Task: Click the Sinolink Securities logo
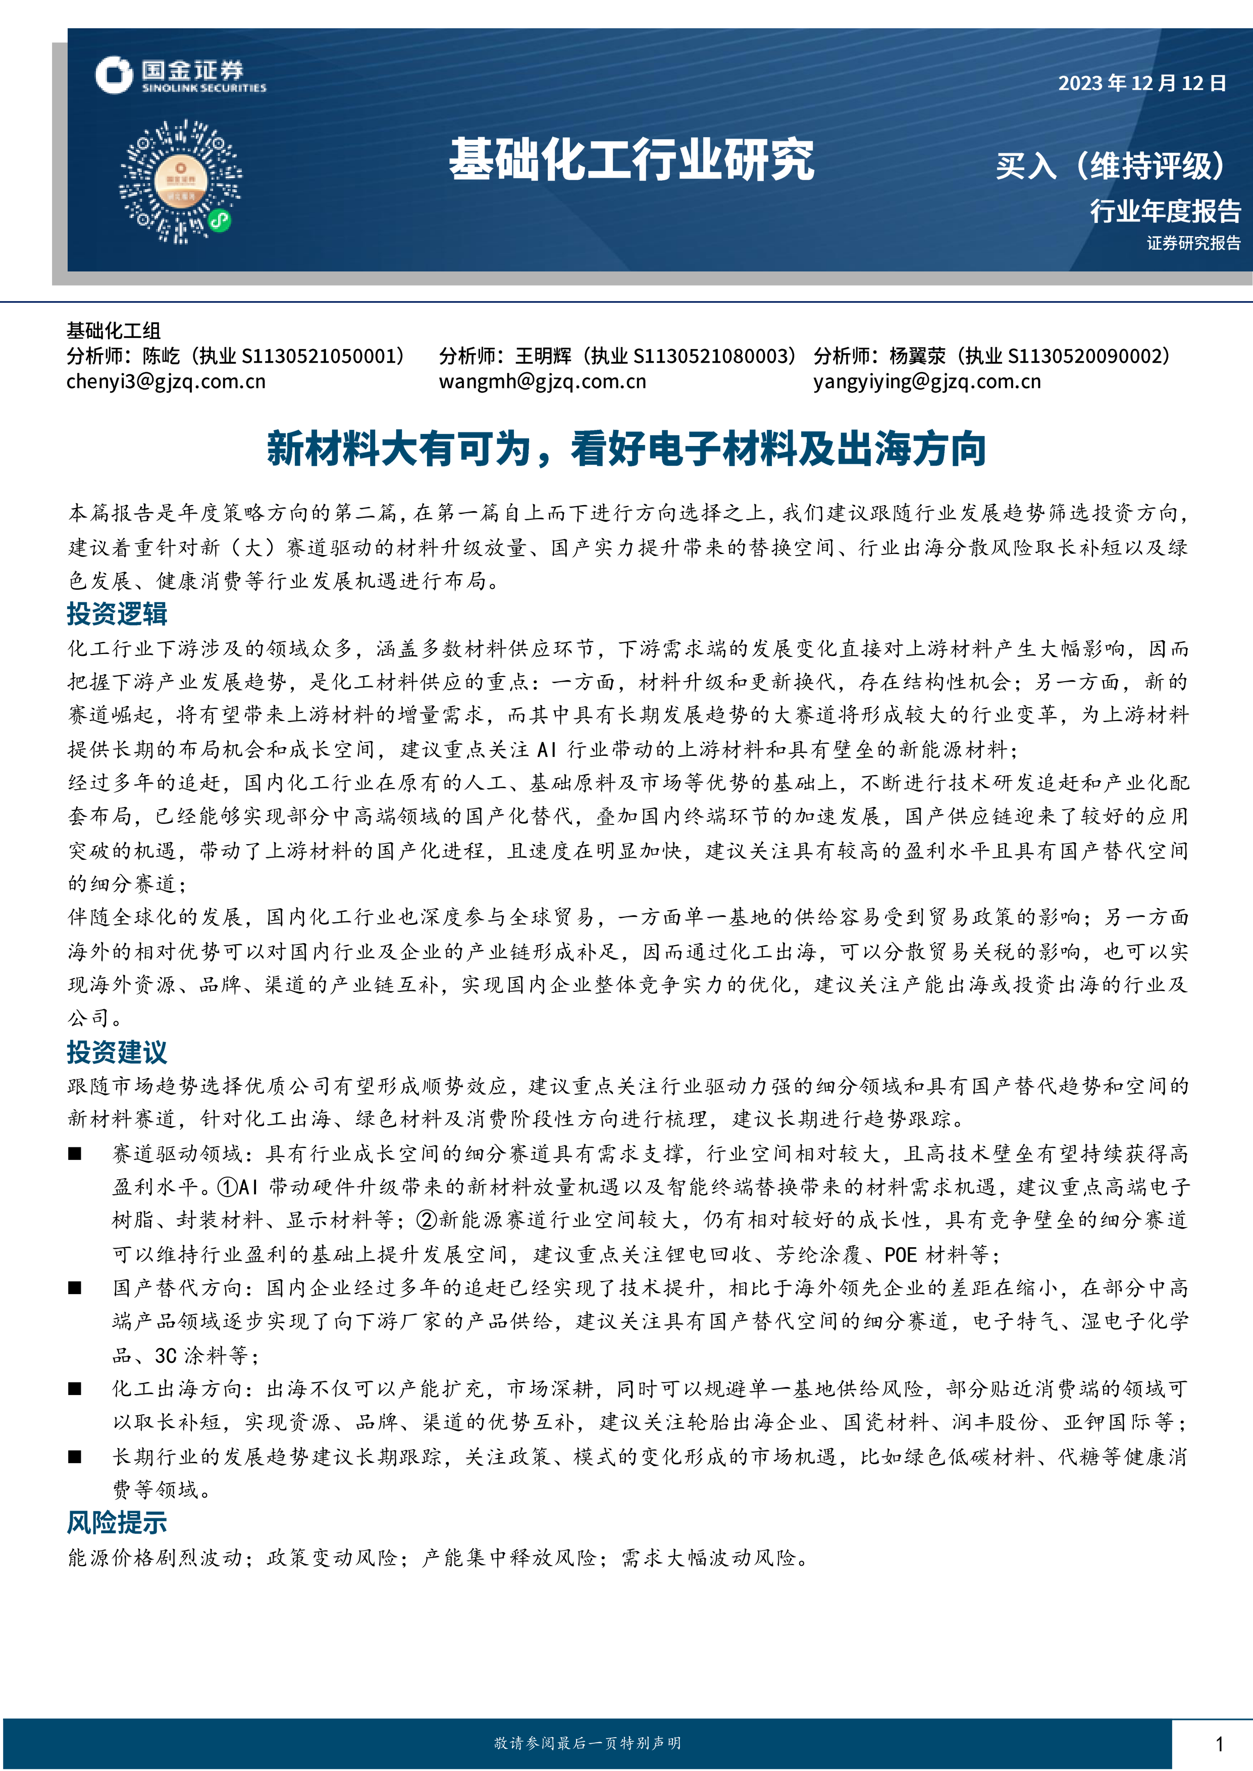180,76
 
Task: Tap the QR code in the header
180,181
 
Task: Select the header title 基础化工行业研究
631,160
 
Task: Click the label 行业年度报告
1165,210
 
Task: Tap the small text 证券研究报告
1193,244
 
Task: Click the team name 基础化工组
114,331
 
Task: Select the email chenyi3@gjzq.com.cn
166,381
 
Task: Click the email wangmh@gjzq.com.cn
542,381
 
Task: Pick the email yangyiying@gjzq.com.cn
927,381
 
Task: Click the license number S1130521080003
713,356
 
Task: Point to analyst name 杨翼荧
917,356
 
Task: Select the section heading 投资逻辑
117,614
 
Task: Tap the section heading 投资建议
117,1052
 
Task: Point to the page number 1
1219,1743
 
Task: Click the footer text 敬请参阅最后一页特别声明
587,1742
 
